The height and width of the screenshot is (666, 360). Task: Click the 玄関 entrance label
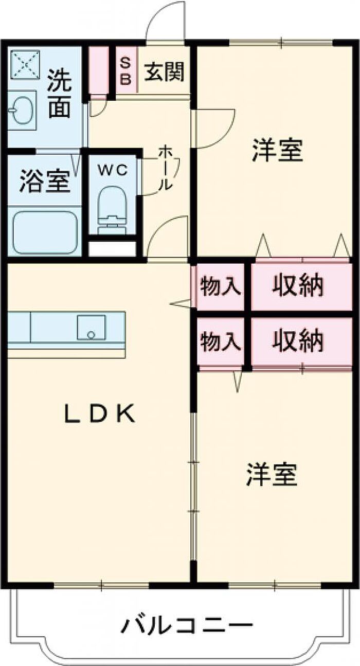(x=164, y=72)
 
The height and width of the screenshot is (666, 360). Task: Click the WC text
(x=113, y=171)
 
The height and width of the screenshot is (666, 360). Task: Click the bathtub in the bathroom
(x=45, y=232)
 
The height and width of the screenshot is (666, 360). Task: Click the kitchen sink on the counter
(x=91, y=327)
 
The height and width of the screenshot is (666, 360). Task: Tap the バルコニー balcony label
(x=187, y=625)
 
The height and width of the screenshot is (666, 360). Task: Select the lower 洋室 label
(x=272, y=474)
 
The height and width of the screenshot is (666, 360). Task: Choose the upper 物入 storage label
(x=221, y=286)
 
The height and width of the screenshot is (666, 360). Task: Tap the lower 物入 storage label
(x=221, y=341)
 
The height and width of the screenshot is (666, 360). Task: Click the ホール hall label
(x=166, y=168)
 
